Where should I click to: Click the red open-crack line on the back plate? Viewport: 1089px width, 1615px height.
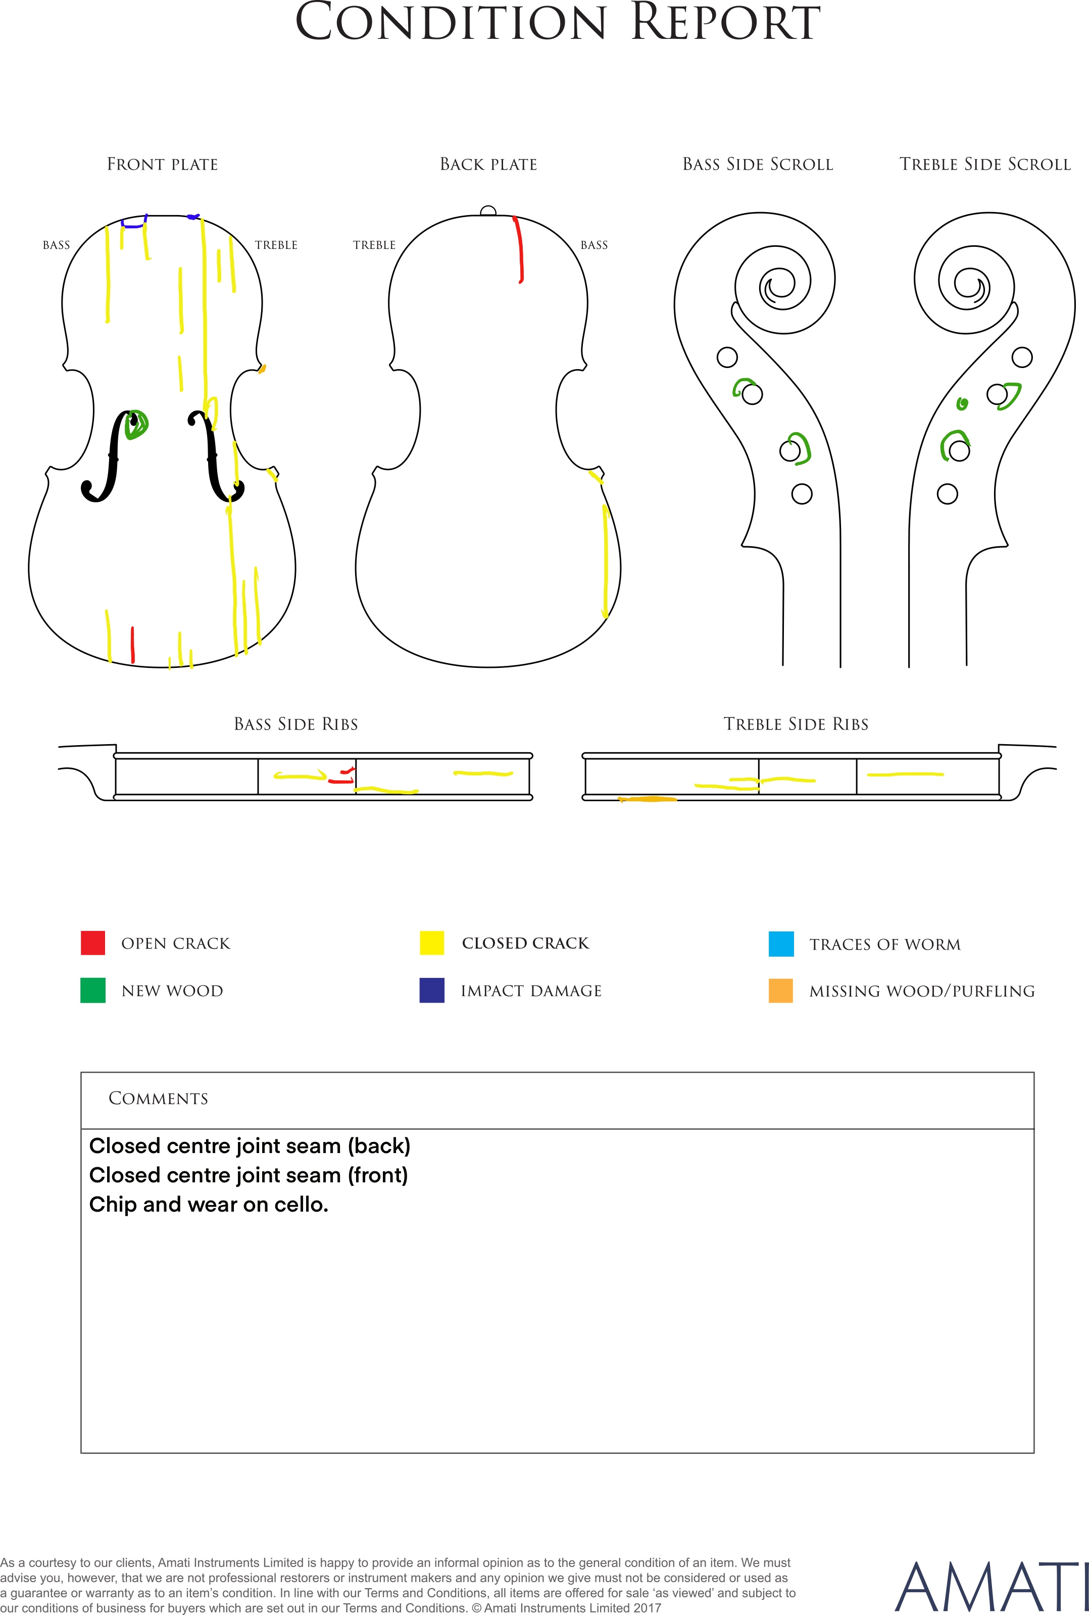tap(519, 250)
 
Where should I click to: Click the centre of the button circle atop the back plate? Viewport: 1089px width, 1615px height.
tap(488, 212)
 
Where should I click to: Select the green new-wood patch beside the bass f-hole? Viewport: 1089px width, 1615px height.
tap(137, 424)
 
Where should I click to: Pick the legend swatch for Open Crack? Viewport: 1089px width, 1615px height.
tap(93, 943)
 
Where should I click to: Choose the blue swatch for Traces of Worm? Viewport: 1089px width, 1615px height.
tap(781, 944)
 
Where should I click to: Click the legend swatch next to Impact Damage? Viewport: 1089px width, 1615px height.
tap(432, 991)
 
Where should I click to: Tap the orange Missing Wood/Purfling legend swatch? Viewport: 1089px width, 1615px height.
tap(781, 991)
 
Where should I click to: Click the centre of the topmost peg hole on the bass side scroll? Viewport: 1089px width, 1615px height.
tap(727, 357)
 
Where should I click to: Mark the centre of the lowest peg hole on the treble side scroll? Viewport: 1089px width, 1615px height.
tap(948, 494)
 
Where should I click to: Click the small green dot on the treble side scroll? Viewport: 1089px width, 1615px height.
tap(962, 404)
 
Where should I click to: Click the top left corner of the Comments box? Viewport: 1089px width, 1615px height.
tap(81, 1072)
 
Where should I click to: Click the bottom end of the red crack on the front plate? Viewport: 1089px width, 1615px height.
tap(133, 662)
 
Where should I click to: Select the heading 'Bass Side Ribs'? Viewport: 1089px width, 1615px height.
tap(296, 724)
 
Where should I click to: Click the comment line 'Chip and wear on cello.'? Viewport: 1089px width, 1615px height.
tap(208, 1204)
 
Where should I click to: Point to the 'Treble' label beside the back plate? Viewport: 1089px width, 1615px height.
tap(374, 245)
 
